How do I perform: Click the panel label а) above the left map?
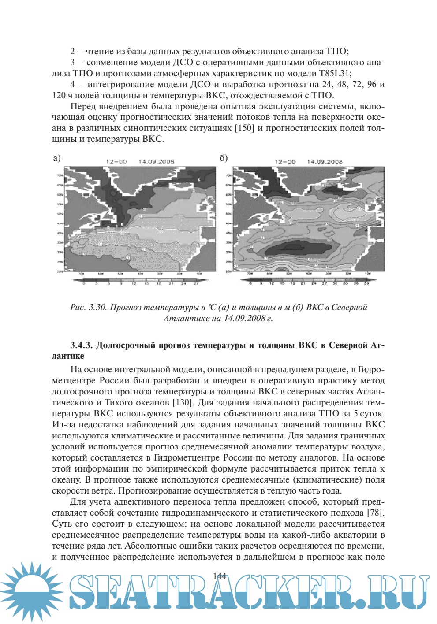[56, 158]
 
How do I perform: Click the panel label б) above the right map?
[224, 158]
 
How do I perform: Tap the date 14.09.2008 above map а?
[156, 162]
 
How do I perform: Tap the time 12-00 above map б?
[285, 162]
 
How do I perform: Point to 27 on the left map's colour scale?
[196, 284]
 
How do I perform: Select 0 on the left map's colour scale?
[84, 284]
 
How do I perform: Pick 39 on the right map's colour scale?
[366, 283]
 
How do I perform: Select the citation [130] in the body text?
[183, 402]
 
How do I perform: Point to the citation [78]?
[375, 513]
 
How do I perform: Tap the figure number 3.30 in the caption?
[98, 307]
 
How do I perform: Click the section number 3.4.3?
[81, 345]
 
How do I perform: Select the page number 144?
[219, 576]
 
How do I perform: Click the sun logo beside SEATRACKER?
[32, 592]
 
